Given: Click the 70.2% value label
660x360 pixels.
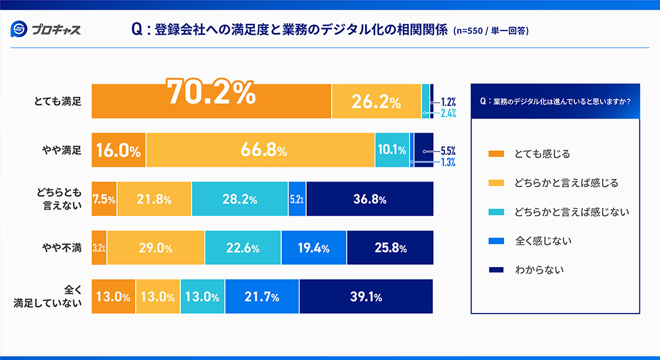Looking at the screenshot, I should pyautogui.click(x=211, y=94).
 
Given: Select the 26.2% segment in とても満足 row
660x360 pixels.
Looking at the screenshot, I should pyautogui.click(x=376, y=101).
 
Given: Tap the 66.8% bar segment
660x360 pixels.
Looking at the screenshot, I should pyautogui.click(x=260, y=150).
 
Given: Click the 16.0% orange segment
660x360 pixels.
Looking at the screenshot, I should pyautogui.click(x=119, y=150).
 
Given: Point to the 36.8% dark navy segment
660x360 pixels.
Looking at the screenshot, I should pyautogui.click(x=370, y=199).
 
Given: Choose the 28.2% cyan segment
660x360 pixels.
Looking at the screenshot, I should pyautogui.click(x=240, y=199).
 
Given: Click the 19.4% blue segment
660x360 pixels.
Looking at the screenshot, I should pyautogui.click(x=313, y=248).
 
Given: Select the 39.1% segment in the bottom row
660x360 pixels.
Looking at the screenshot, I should pyautogui.click(x=366, y=297).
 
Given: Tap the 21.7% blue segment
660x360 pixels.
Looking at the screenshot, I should pyautogui.click(x=262, y=297).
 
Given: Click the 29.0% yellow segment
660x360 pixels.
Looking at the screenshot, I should pyautogui.click(x=156, y=248).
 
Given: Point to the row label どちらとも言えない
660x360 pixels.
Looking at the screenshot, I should pyautogui.click(x=59, y=199).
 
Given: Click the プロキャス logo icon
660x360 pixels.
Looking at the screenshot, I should pyautogui.click(x=20, y=29).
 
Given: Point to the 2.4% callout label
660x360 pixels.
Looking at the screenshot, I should pyautogui.click(x=448, y=112).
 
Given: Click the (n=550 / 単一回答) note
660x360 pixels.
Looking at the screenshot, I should pyautogui.click(x=491, y=30).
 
